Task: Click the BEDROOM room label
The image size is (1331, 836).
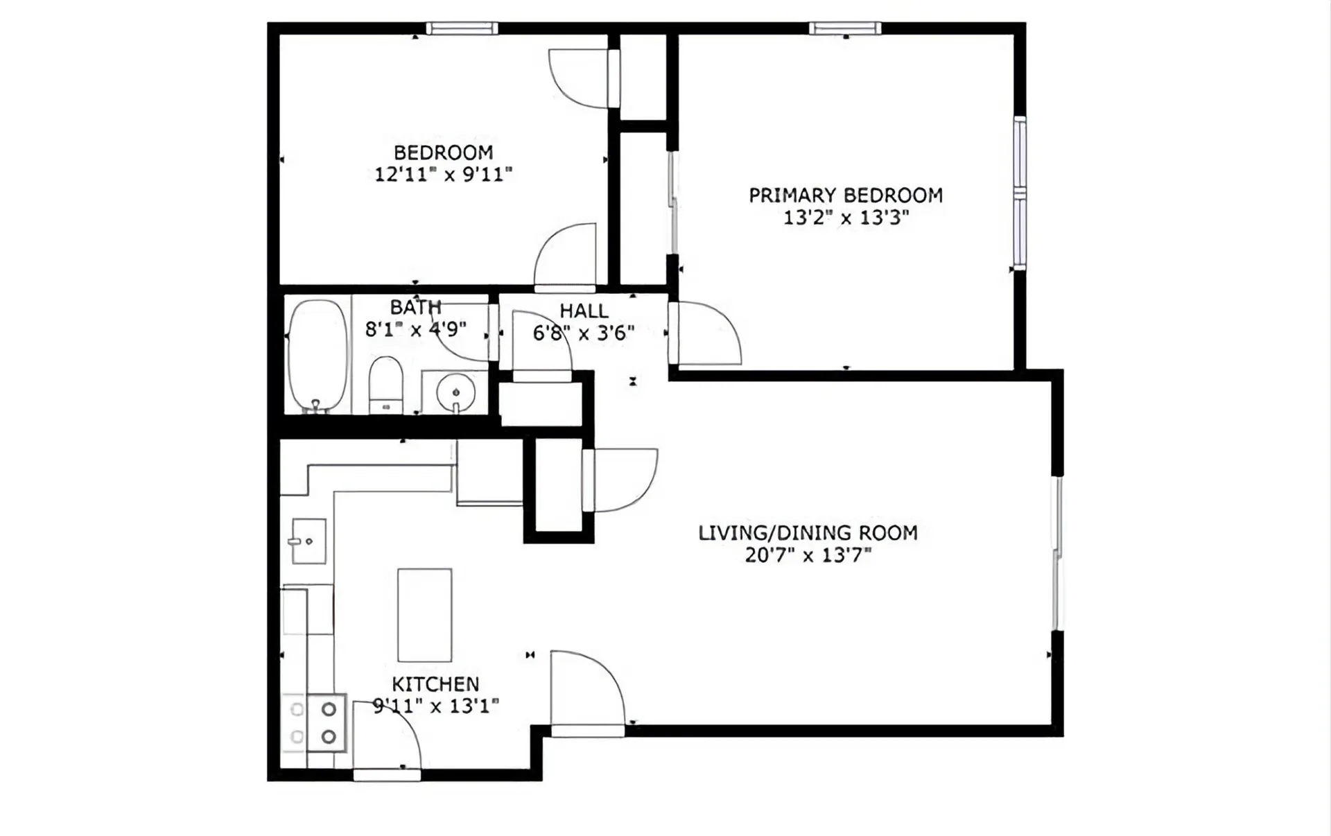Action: (444, 153)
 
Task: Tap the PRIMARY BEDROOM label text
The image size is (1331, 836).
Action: (846, 195)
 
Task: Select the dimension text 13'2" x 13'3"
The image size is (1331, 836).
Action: (846, 218)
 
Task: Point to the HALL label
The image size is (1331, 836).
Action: (584, 311)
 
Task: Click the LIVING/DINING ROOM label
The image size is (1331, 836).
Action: (808, 533)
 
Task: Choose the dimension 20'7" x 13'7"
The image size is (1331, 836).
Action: (808, 555)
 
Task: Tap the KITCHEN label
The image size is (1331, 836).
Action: (435, 684)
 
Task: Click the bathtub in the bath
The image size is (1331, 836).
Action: (317, 356)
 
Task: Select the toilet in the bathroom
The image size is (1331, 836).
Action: (385, 385)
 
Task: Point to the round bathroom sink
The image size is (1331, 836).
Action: (455, 393)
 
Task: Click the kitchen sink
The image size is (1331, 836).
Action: (308, 541)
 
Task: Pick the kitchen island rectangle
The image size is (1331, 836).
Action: (425, 615)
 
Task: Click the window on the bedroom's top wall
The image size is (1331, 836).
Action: (462, 28)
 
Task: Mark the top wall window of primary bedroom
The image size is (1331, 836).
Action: (845, 28)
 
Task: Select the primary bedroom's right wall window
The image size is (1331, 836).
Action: (1020, 193)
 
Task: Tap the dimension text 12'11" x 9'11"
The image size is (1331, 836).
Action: (444, 175)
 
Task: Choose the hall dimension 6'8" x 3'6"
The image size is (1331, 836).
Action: (584, 333)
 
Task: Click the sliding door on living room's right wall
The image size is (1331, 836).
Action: (1057, 553)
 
